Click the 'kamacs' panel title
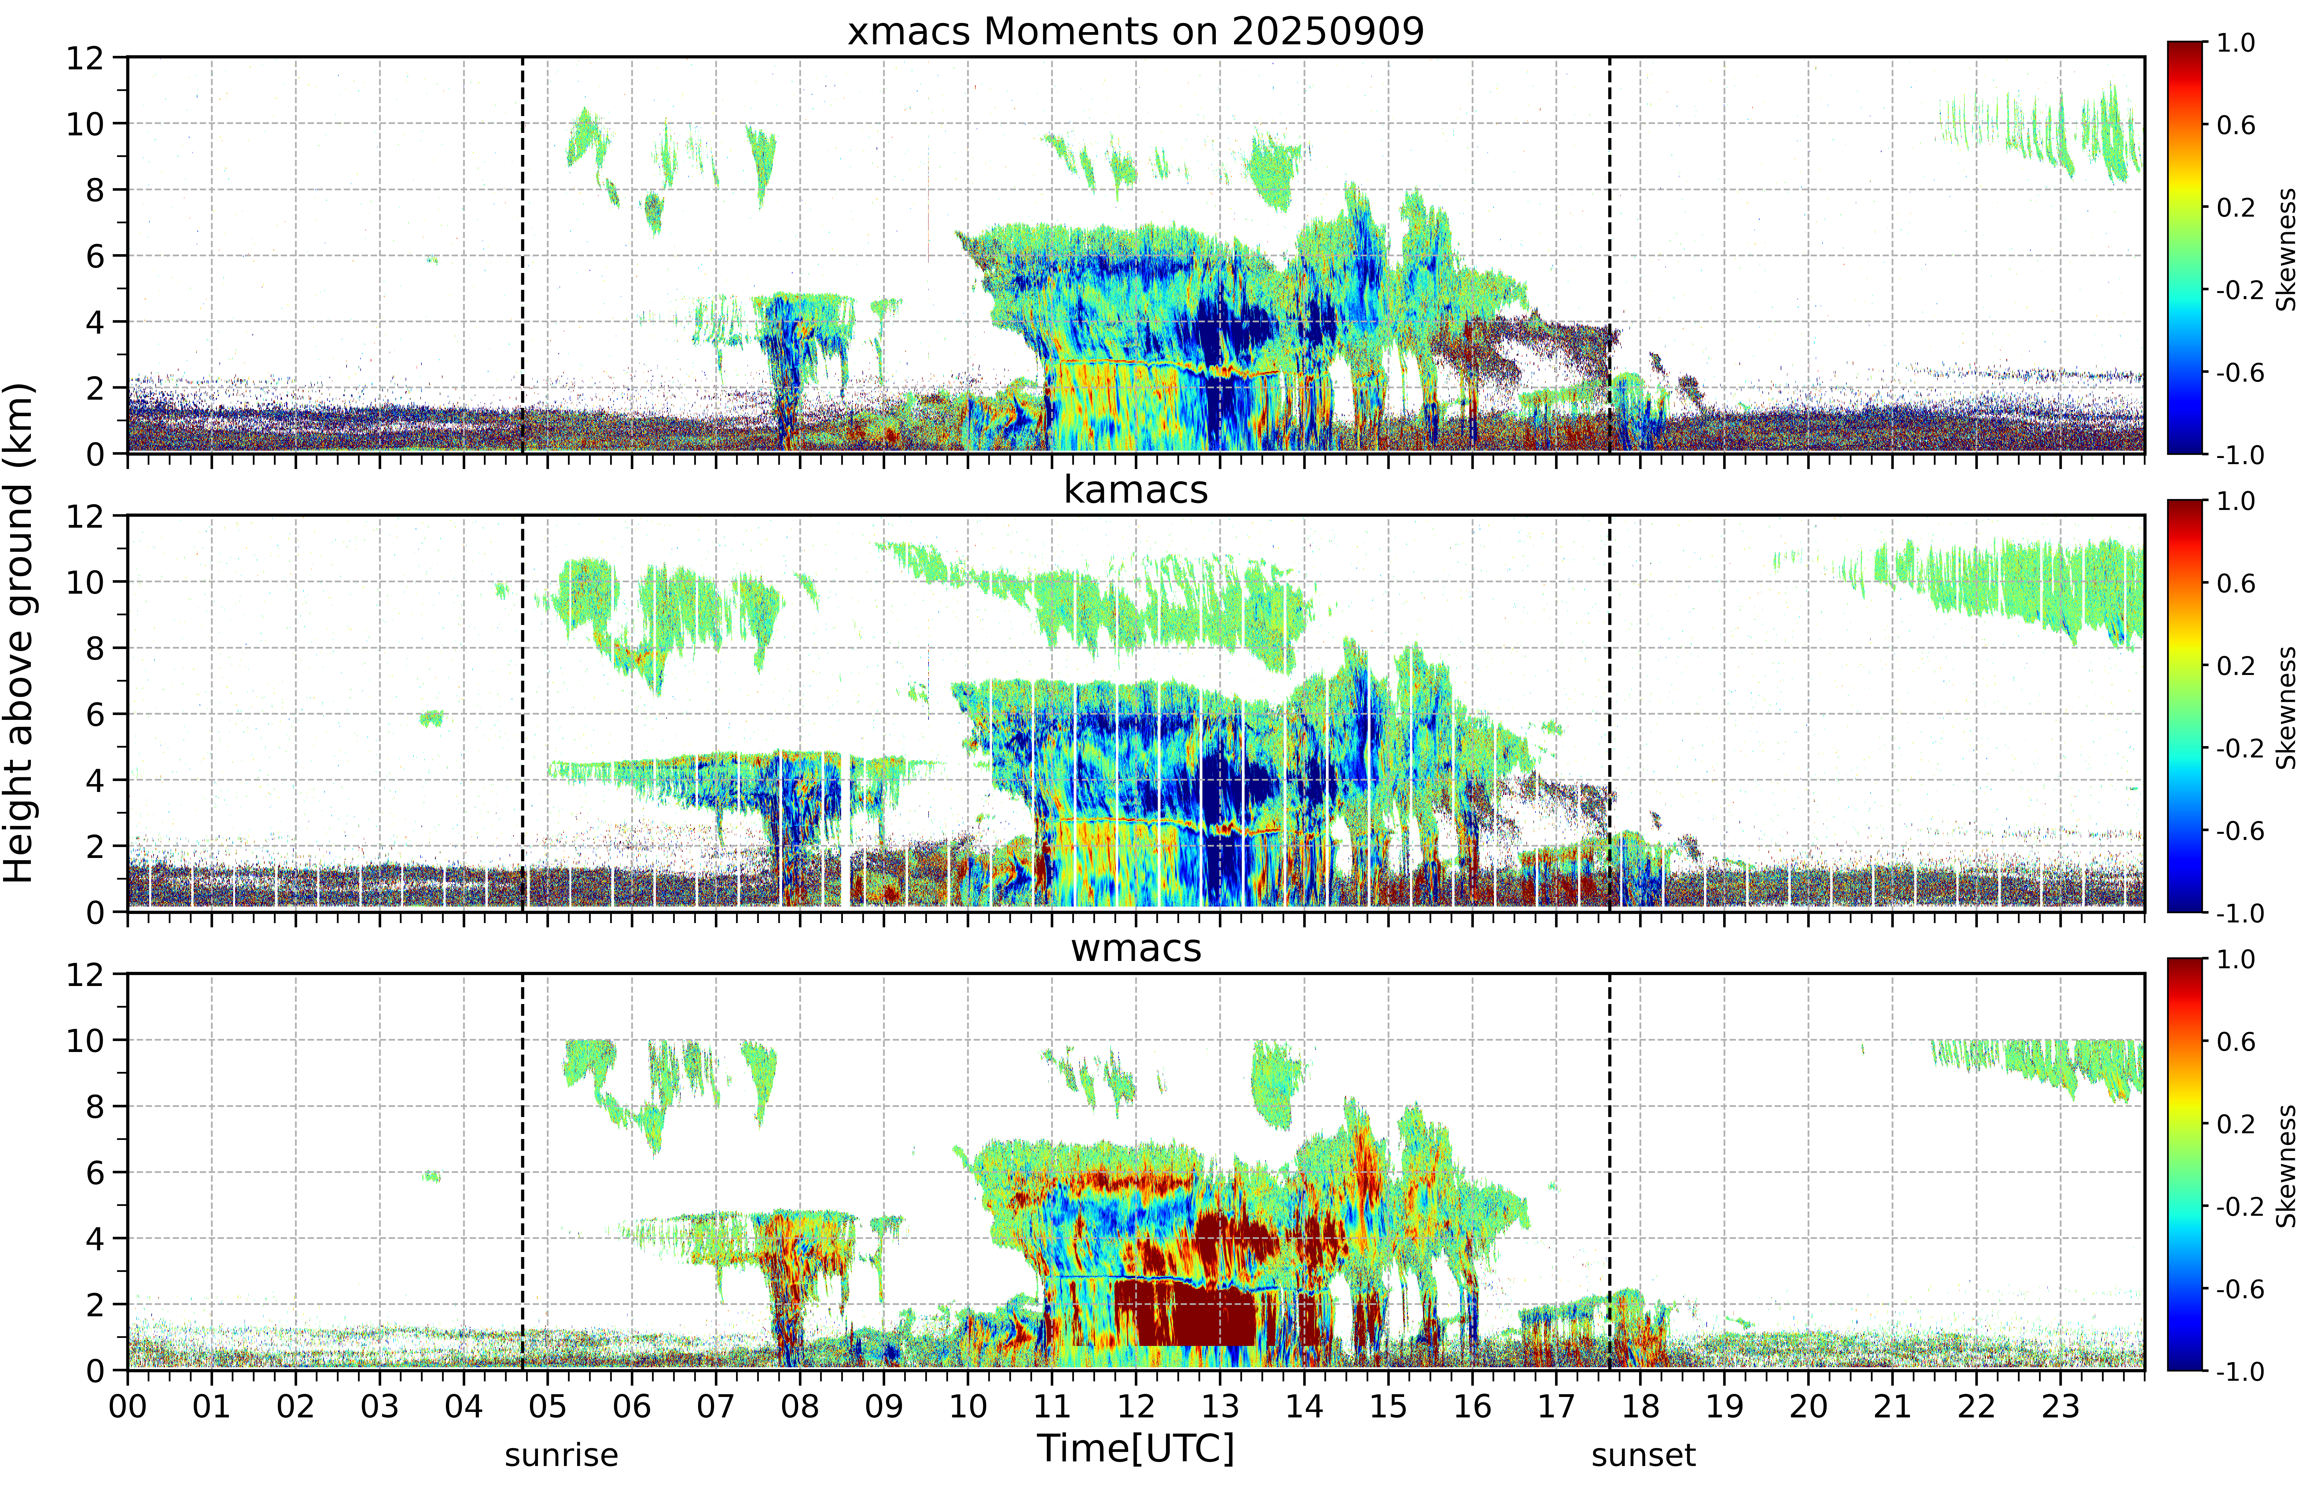1136,490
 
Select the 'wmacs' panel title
1136,948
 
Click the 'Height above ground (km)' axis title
18,633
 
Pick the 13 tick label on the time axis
1220,1406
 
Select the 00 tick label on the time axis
127,1406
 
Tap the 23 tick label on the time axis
2060,1406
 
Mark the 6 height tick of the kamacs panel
95,714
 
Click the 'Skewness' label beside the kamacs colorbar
2286,707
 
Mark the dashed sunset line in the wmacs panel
1609,1171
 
